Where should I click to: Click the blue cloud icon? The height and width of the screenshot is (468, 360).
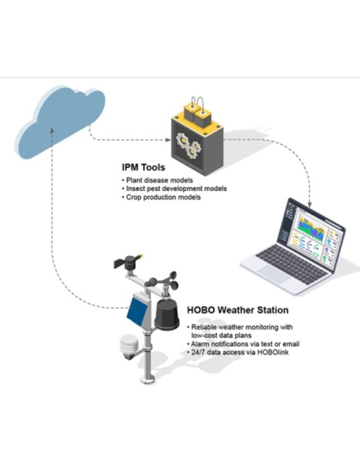[x=61, y=119]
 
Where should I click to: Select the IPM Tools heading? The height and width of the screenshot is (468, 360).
[x=143, y=168]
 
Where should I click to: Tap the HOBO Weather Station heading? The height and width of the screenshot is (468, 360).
[x=238, y=310]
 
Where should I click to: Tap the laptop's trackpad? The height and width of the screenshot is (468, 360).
[x=272, y=273]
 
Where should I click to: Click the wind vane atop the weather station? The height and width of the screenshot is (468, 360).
[x=129, y=261]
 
